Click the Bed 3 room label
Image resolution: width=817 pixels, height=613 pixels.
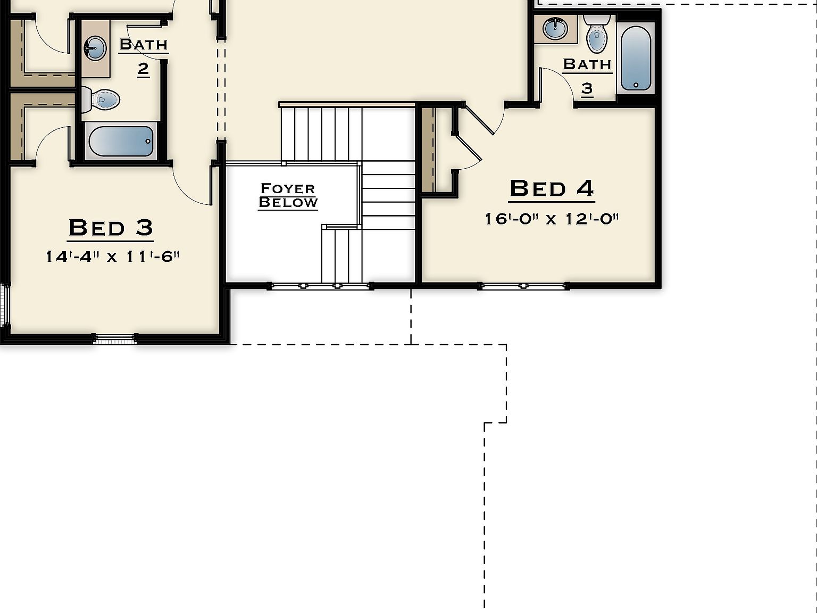point(111,228)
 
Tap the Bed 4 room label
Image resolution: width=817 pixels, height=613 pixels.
point(552,188)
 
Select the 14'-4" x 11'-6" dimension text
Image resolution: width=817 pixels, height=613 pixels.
point(112,256)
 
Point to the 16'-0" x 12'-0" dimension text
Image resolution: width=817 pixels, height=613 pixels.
point(552,219)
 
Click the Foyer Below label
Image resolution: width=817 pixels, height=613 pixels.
point(288,195)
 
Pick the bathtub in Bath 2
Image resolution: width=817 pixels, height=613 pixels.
point(121,141)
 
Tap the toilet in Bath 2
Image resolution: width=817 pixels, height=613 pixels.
point(101,99)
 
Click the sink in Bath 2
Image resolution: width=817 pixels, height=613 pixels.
point(95,48)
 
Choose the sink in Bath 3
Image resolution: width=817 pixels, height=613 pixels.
point(556,28)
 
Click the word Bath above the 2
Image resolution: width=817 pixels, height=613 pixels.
point(143,44)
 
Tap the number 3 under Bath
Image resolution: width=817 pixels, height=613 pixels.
point(587,88)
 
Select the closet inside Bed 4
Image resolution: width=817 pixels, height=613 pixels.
point(437,150)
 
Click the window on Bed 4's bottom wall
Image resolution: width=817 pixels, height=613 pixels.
point(524,286)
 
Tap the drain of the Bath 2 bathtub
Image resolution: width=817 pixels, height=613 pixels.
point(148,142)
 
